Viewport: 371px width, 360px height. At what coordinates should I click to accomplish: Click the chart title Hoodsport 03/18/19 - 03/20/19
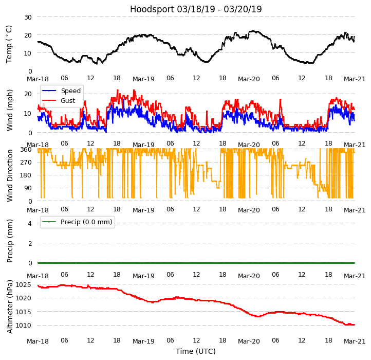[196, 9]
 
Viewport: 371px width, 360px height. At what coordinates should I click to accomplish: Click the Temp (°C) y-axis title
[9, 44]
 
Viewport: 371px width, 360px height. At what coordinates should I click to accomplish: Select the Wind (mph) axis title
[10, 110]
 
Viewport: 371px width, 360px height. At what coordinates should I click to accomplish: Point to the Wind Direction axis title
[10, 175]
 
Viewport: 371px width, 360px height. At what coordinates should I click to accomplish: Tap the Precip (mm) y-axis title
[10, 240]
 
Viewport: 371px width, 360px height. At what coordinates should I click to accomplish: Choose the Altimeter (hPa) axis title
[10, 306]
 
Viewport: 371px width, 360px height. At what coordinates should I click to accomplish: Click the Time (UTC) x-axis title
[196, 351]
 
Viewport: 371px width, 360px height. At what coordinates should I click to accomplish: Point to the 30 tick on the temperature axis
[28, 17]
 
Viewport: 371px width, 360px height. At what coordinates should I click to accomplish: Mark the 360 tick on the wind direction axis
[26, 149]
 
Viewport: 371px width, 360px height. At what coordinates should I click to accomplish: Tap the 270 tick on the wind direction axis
[26, 162]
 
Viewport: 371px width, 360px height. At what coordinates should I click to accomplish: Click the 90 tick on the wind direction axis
[28, 188]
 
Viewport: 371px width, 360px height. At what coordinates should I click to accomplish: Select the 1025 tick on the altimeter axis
[24, 284]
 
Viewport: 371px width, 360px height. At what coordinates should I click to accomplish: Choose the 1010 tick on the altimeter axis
[24, 326]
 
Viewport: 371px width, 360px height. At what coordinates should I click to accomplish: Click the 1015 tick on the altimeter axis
[24, 312]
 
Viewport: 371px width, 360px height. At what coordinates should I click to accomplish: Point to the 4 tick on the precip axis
[30, 223]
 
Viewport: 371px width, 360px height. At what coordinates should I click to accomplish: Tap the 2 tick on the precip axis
[30, 243]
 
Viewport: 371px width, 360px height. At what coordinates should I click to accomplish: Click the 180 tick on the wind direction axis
[26, 175]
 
